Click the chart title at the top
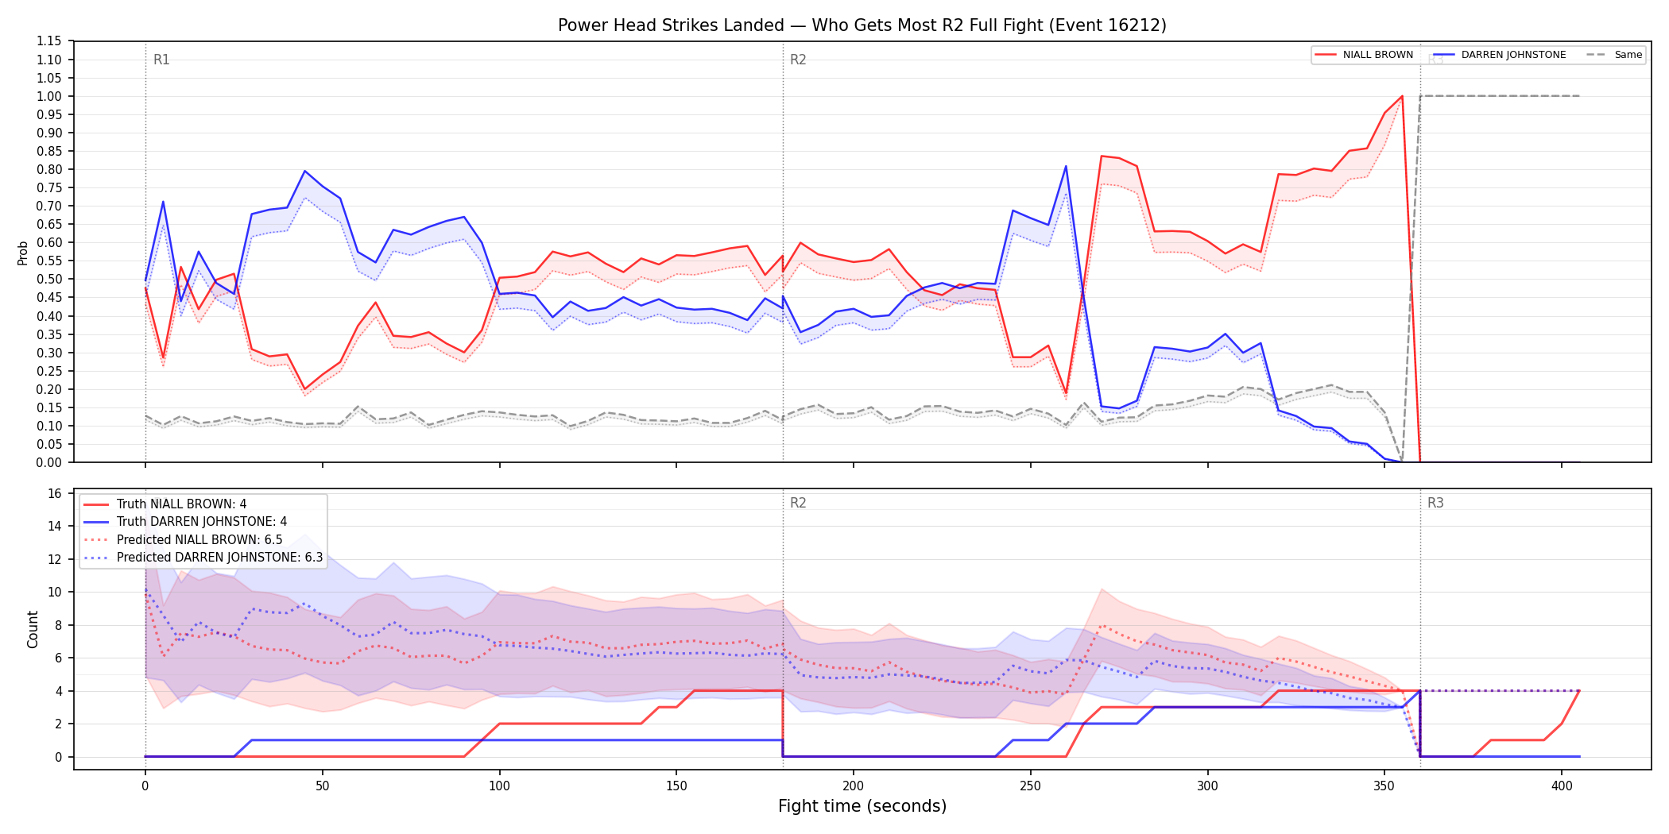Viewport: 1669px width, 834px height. (862, 25)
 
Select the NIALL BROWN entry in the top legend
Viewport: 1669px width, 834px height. (1364, 55)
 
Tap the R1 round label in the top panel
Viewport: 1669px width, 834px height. (161, 60)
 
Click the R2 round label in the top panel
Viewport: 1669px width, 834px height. (798, 60)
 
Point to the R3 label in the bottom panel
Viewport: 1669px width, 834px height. (1435, 503)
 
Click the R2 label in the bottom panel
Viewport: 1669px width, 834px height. (798, 503)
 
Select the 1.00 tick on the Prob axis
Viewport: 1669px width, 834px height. (49, 96)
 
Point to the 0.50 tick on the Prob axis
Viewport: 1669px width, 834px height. (49, 279)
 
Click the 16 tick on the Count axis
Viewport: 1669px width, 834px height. (55, 493)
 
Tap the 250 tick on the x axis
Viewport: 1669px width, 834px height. (1031, 786)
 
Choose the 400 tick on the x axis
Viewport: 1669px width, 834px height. (1562, 786)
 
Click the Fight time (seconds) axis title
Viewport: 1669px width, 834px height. (862, 806)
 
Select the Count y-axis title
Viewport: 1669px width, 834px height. (33, 629)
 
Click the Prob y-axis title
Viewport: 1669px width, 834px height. (23, 253)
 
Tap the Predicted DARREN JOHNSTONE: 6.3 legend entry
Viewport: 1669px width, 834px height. (203, 558)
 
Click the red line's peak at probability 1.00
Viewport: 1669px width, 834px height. (1402, 96)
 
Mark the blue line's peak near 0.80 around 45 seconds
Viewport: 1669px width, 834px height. (304, 171)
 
